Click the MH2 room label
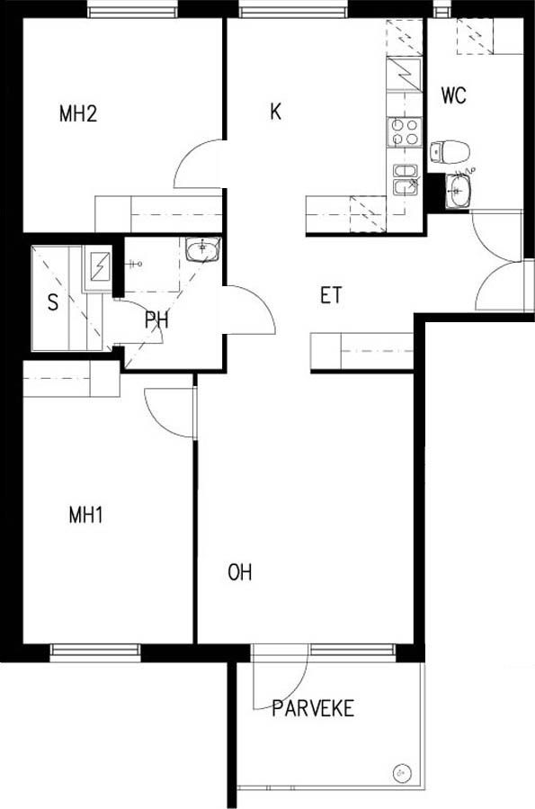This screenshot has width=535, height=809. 78,113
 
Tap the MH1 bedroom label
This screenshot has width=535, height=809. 86,515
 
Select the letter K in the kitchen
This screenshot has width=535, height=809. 276,112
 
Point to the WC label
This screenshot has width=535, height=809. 453,95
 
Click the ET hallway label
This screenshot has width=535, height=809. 330,296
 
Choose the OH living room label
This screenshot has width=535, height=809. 240,572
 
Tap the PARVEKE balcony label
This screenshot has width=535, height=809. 313,708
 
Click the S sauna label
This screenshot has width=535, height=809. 52,302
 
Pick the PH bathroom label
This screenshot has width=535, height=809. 156,320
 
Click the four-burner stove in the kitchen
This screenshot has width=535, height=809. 404,131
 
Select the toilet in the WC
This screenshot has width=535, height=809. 450,152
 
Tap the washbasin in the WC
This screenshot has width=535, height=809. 458,191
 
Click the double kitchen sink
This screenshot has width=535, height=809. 406,180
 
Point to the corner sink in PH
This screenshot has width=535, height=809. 203,251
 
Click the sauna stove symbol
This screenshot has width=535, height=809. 99,266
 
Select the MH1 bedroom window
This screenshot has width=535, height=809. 95,652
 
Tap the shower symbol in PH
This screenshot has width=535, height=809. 135,265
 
